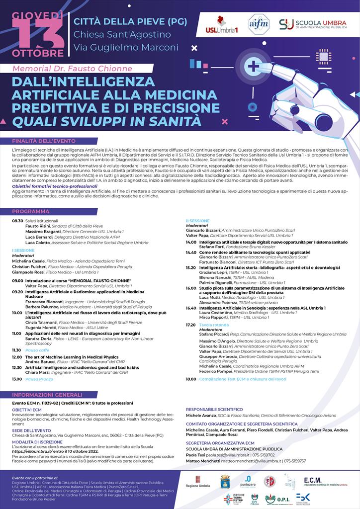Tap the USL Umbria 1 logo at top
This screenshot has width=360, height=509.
pos(222,25)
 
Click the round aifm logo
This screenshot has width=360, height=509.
pos(259,24)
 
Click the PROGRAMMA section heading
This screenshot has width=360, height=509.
pos(31,211)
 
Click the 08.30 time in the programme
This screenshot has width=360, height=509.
pos(18,221)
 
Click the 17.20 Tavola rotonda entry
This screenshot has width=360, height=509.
pos(204,325)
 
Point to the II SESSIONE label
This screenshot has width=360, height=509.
pos(198,221)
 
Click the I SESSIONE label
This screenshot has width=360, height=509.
pos(23,251)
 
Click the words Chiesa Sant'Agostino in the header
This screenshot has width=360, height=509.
pos(122,35)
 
